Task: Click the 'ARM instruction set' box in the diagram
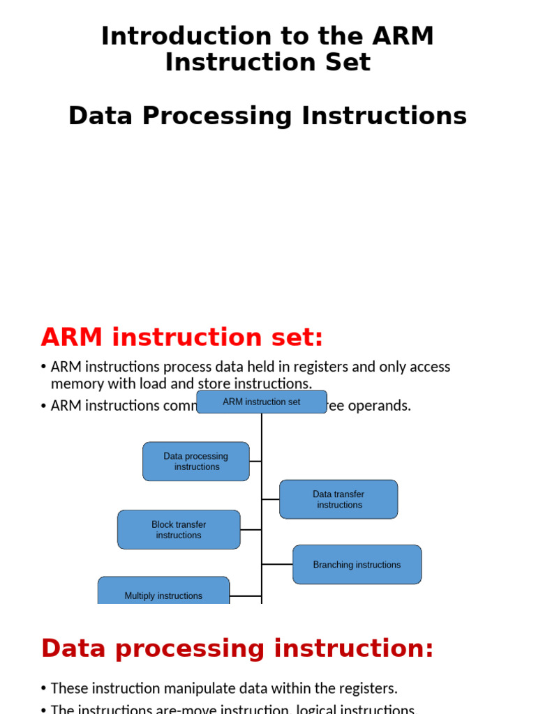click(262, 402)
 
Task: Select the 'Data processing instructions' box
click(196, 462)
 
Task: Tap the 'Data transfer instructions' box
click(338, 499)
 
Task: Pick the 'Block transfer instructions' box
click(179, 530)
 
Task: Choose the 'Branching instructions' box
click(357, 565)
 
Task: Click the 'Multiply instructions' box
click(163, 592)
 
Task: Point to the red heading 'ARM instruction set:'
click(182, 337)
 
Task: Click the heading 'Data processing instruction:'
click(237, 648)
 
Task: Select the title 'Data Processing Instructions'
click(267, 116)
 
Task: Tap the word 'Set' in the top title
click(346, 63)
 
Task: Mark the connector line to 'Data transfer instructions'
click(271, 499)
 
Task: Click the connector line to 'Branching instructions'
click(277, 565)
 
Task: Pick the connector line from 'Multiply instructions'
click(246, 596)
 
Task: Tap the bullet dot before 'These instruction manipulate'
click(44, 688)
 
